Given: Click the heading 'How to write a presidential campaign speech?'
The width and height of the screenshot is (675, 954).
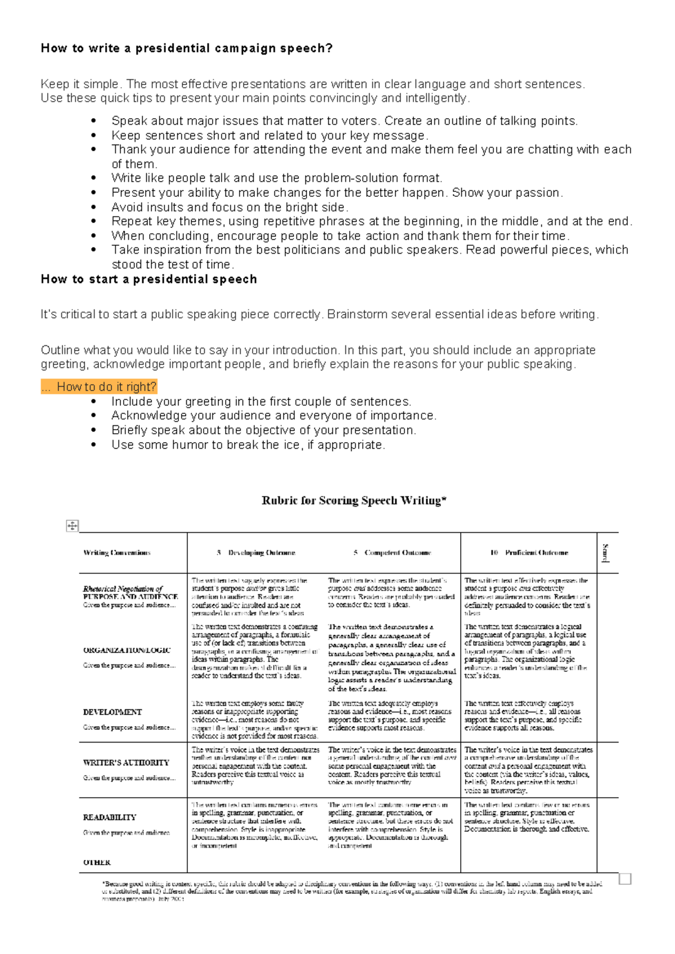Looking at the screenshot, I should point(186,48).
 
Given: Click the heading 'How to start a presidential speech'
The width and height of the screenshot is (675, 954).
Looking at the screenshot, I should point(148,280).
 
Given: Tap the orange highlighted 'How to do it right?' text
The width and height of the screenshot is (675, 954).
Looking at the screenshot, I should point(99,386).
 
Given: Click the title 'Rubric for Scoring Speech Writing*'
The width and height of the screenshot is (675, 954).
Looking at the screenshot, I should point(354,500).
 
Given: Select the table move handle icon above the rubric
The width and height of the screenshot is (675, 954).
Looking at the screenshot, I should point(72,526).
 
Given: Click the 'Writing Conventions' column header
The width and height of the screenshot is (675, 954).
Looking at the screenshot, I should point(116,553).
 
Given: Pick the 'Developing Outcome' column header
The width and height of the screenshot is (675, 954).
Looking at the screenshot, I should point(256,553).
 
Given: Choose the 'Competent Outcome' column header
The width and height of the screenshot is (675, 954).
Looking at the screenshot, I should point(393,553).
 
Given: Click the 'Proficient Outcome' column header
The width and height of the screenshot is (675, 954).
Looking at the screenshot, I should point(529,553).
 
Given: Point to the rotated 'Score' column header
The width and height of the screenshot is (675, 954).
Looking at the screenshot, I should point(606,553).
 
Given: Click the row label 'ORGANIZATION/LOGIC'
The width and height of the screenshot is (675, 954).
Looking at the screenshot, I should point(127,650).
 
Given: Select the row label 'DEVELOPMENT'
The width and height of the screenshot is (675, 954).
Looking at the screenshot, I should point(112,712).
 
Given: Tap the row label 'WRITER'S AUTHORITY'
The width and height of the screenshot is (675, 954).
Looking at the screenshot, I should point(126,763).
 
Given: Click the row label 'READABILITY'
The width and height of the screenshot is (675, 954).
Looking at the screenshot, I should point(110,817).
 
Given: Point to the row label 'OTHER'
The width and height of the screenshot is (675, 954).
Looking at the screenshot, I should point(97,862).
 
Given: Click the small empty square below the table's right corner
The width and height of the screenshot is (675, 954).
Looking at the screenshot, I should point(625,879).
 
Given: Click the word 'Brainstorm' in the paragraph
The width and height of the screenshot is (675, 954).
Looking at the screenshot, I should point(357,314).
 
